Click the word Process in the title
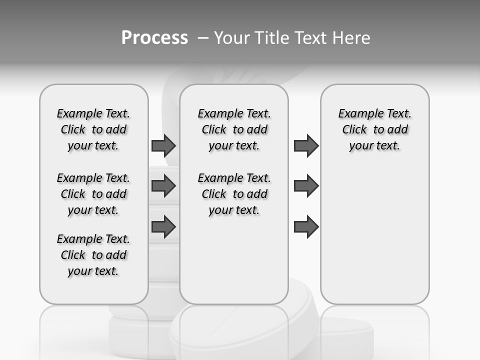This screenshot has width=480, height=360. click(x=154, y=37)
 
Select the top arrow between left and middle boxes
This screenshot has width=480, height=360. click(x=163, y=146)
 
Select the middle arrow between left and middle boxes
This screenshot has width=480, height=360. click(x=163, y=186)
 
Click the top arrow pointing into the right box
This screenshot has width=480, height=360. click(x=306, y=146)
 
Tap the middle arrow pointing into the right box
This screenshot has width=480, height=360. click(x=306, y=186)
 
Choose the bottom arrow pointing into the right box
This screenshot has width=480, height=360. click(x=306, y=227)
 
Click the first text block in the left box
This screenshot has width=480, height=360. click(x=93, y=129)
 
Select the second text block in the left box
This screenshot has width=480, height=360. click(x=93, y=194)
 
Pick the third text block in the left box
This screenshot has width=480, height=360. click(x=93, y=255)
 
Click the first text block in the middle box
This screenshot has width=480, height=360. click(x=234, y=129)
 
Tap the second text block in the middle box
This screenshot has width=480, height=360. click(x=234, y=194)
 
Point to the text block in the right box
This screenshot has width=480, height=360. click(x=374, y=129)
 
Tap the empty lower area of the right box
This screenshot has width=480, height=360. click(x=374, y=235)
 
